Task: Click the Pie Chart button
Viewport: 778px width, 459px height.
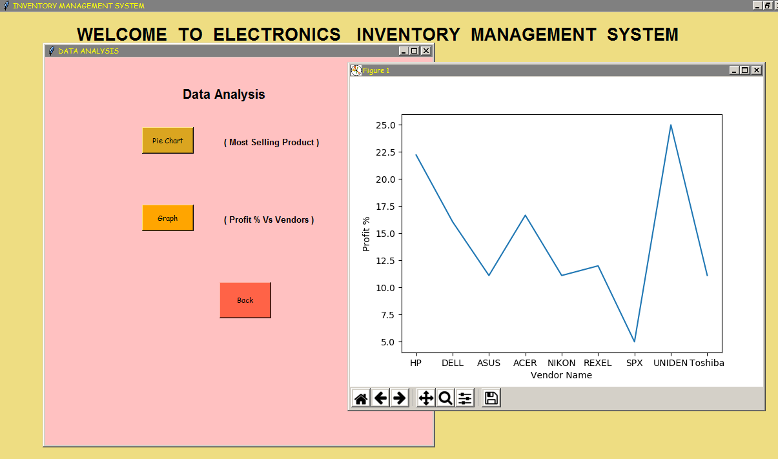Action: click(x=168, y=141)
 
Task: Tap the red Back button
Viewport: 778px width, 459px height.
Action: click(x=245, y=300)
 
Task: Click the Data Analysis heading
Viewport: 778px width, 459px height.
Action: click(x=224, y=94)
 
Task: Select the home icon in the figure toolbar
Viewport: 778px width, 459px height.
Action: click(x=361, y=398)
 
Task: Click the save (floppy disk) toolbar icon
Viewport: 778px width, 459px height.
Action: click(x=491, y=398)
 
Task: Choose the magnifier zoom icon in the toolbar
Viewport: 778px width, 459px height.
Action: click(x=445, y=398)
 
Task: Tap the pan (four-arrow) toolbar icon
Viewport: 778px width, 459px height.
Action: click(x=426, y=398)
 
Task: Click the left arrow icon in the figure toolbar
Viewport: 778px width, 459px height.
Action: click(x=380, y=398)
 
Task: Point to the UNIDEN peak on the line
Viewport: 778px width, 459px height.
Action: click(x=671, y=125)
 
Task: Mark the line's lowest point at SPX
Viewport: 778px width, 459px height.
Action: click(x=634, y=342)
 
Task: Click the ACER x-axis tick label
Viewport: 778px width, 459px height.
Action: click(x=525, y=363)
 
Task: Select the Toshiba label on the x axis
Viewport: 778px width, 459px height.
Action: click(x=706, y=363)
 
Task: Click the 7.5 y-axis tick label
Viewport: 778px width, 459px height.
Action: click(x=388, y=315)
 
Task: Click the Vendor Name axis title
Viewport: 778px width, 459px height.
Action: click(x=561, y=375)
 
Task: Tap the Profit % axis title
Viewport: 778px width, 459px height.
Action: click(x=366, y=234)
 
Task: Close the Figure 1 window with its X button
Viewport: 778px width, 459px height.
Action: click(x=756, y=70)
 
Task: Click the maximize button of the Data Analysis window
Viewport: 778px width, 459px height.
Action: click(x=415, y=51)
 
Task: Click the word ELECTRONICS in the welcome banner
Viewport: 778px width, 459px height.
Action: click(x=277, y=34)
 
